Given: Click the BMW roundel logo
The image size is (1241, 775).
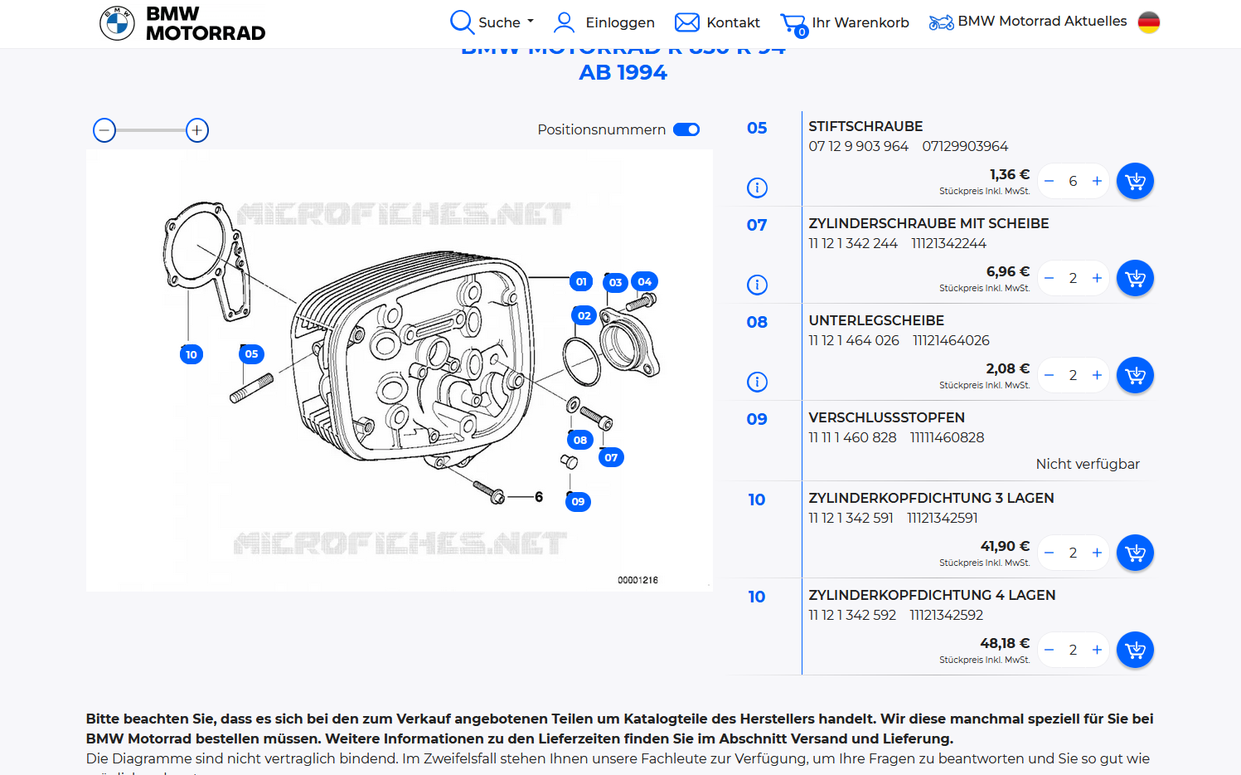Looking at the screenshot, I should coord(117,23).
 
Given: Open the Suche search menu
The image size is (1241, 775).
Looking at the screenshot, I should coord(492,22).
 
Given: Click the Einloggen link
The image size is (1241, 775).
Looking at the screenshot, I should coord(604,22).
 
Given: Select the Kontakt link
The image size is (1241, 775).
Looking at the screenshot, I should coord(717,22).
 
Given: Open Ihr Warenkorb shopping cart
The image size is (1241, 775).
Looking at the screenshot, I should coord(845,23).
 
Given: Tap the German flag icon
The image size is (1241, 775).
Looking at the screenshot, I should coord(1148,22).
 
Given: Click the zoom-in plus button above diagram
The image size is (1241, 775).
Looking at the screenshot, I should coord(196,130).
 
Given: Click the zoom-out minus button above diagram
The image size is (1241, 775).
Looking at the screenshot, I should coord(104,130).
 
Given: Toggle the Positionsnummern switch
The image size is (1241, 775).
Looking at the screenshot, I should coord(686,129).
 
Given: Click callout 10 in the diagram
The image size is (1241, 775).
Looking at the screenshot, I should coord(191,354).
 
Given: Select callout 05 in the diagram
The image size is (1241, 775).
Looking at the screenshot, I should coord(251,353).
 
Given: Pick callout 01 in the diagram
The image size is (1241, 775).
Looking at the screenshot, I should coord(581,281).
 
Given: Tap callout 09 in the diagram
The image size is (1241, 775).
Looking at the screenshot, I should coord(578,501).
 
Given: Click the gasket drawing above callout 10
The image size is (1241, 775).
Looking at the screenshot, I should coord(204,253).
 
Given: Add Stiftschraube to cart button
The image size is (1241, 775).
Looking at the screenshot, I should coord(1135,181).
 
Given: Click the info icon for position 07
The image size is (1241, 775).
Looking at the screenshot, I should coord(757,285).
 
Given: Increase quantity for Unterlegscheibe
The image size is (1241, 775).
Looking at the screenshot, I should coord(1097,375).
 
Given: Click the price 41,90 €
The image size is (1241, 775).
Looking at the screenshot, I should coord(1005,546).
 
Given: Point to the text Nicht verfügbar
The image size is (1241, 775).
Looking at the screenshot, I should coord(1087,464).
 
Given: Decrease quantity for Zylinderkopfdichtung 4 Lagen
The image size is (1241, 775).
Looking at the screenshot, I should coord(1050,650).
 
